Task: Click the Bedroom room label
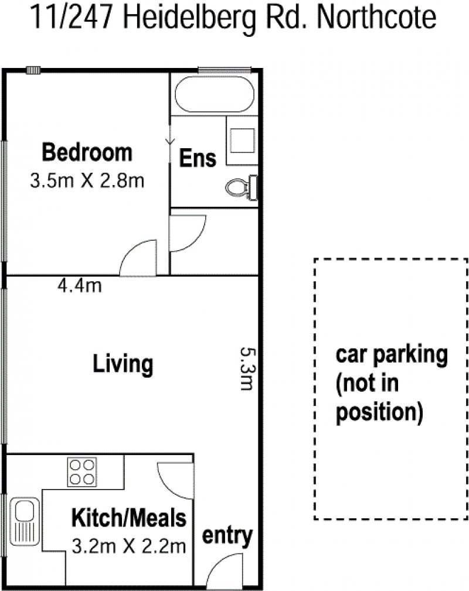(x=87, y=152)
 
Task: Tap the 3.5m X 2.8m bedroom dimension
(x=87, y=181)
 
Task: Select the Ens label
(x=198, y=158)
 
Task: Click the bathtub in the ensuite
(x=215, y=94)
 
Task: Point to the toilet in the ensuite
(x=242, y=187)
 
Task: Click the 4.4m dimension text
(x=80, y=285)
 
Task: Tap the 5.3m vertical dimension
(x=248, y=368)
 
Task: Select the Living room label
(x=123, y=364)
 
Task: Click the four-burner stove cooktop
(x=82, y=472)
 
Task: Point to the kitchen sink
(x=25, y=521)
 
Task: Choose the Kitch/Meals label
(x=128, y=518)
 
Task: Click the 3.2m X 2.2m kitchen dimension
(x=128, y=546)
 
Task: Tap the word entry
(x=227, y=535)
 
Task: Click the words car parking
(x=391, y=354)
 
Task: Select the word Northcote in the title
(x=376, y=18)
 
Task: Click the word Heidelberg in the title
(x=189, y=19)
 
